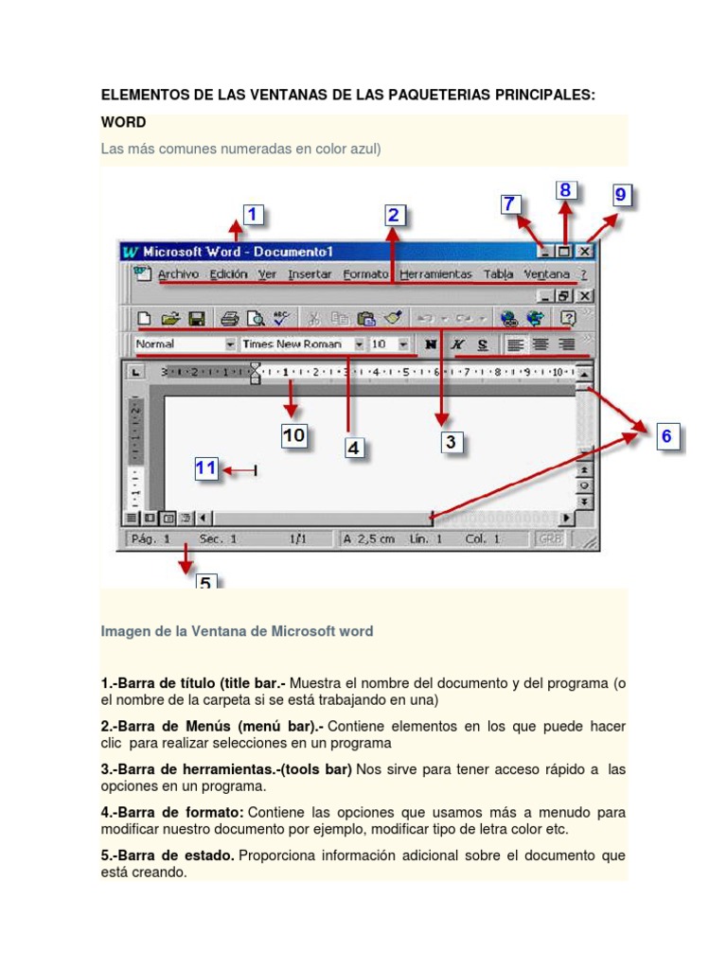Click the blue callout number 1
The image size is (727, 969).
(253, 216)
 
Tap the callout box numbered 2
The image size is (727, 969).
(395, 216)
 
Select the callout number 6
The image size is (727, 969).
(666, 436)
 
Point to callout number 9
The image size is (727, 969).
(620, 196)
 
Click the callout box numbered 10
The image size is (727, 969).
(293, 436)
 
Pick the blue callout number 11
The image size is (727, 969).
(206, 468)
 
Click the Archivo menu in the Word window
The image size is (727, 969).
(178, 274)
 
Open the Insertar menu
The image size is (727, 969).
(310, 274)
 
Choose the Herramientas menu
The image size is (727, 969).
(435, 274)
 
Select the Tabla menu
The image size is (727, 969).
(498, 274)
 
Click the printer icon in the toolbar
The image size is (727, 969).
(230, 319)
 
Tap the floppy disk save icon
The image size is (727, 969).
(198, 319)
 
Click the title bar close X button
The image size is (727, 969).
(585, 252)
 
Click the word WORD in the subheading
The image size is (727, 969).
(123, 123)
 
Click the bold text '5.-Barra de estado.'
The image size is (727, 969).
(168, 855)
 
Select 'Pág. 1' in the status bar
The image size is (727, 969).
(151, 539)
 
